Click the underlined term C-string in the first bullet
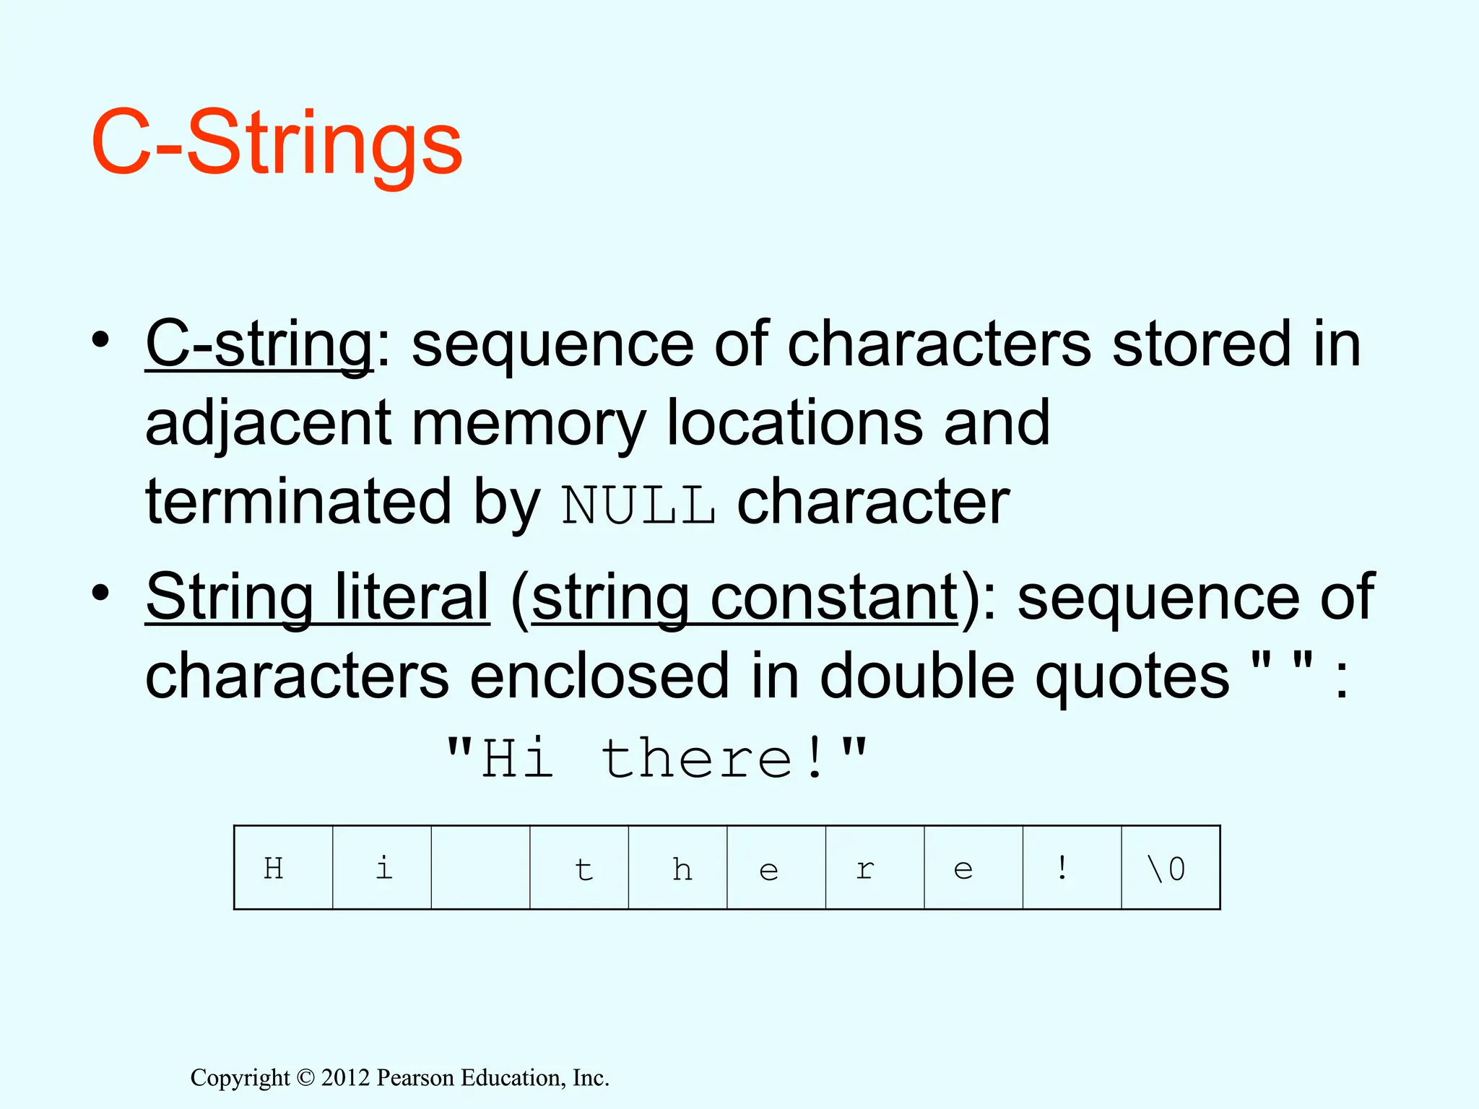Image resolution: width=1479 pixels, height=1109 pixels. [x=259, y=345]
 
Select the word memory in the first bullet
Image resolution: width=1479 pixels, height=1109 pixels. [x=528, y=424]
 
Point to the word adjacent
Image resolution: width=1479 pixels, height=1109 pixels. [x=268, y=424]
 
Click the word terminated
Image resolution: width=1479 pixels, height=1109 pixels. [x=298, y=503]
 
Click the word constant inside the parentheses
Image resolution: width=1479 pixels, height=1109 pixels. [x=834, y=598]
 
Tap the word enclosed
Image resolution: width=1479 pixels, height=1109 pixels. [x=599, y=677]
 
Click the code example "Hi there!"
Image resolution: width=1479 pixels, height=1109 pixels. [x=656, y=759]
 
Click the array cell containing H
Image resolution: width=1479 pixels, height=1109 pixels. [x=284, y=868]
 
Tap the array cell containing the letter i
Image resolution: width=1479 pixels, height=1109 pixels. [x=382, y=868]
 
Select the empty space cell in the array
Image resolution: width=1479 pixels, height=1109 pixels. [x=481, y=868]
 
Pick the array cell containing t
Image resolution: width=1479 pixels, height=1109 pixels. [x=580, y=868]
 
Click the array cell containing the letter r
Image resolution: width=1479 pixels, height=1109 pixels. [x=875, y=868]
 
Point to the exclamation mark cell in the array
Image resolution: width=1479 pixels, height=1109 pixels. [x=1072, y=868]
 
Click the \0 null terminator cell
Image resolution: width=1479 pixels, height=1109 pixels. [x=1171, y=868]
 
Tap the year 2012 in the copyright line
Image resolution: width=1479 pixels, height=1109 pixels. [x=345, y=1078]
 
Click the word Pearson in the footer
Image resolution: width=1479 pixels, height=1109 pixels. [x=416, y=1078]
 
